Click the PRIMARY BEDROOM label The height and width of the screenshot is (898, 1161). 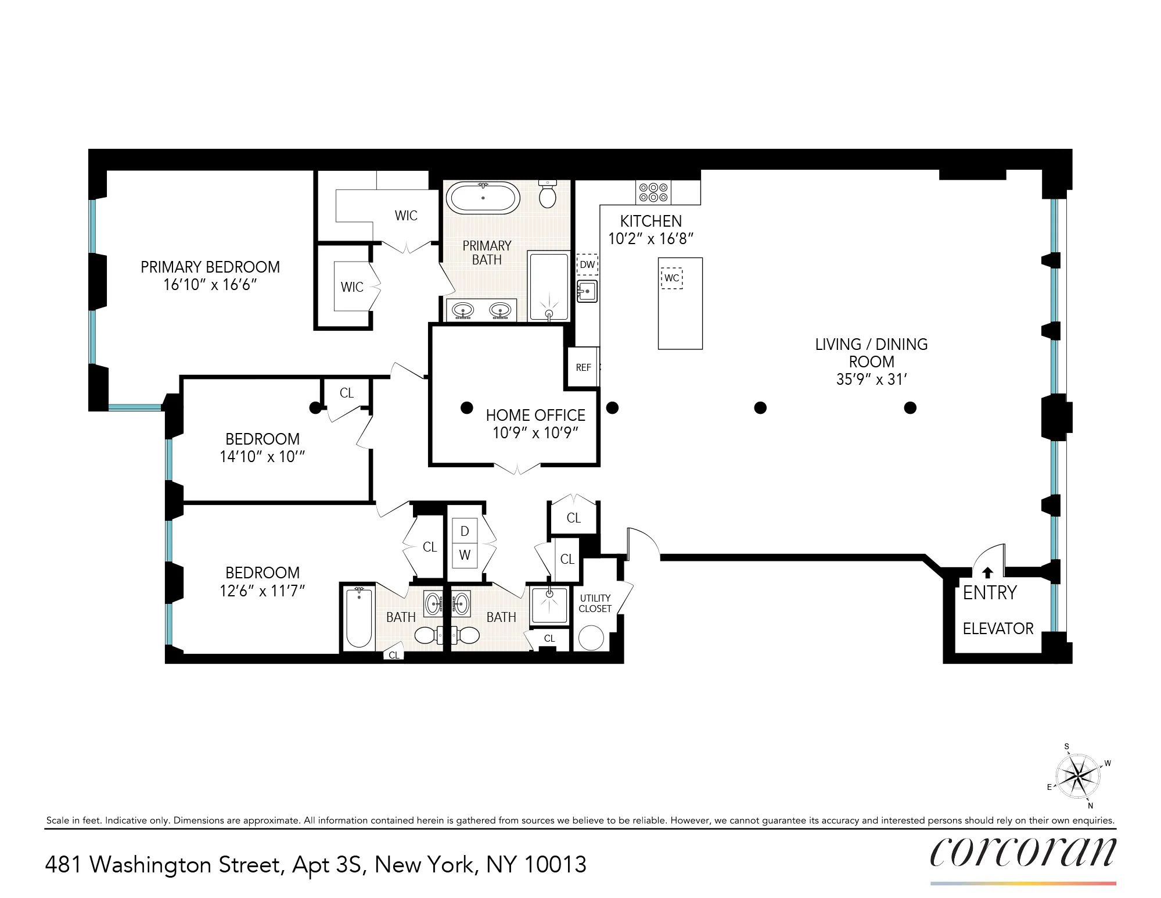(x=210, y=267)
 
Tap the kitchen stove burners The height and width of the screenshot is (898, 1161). (x=653, y=192)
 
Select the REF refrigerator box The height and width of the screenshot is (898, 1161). (x=583, y=367)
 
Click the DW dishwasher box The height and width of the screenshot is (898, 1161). (x=587, y=264)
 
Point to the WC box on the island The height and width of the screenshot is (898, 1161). (x=671, y=278)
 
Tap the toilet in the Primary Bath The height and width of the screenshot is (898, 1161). (x=548, y=194)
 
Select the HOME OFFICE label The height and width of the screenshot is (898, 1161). (x=535, y=415)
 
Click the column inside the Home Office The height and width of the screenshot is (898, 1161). (x=466, y=407)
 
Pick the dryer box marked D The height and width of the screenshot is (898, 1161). (x=465, y=531)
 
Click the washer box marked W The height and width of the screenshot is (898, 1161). (x=465, y=555)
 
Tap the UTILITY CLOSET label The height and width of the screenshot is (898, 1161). (x=595, y=603)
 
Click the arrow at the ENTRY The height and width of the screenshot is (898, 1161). (x=987, y=573)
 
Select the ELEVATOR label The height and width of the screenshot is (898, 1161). (x=998, y=629)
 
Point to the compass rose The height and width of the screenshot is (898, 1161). (x=1078, y=776)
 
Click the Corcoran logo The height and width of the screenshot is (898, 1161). (x=1023, y=852)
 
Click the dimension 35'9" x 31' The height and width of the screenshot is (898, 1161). (x=871, y=380)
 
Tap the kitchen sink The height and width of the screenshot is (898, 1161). (x=587, y=291)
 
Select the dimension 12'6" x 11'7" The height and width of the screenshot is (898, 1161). (x=262, y=591)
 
